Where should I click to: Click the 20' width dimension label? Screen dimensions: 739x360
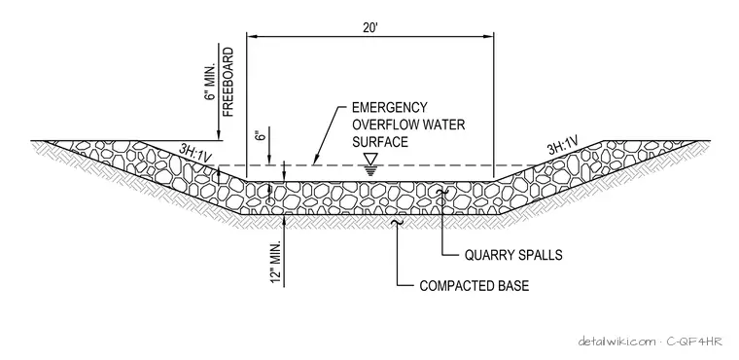[x=370, y=27]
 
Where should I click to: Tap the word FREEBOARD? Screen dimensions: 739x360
[x=228, y=82]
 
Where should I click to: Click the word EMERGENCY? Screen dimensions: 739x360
[x=390, y=108]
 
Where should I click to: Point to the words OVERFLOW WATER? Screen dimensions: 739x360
[x=408, y=125]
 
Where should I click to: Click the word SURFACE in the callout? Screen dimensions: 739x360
[x=380, y=141]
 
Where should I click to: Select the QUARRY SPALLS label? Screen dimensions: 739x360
[x=513, y=255]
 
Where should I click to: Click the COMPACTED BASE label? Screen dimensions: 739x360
[x=475, y=286]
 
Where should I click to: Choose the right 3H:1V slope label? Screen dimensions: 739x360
[x=563, y=145]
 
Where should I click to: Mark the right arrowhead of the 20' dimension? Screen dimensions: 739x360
[x=489, y=36]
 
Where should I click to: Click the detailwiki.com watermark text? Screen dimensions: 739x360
[x=616, y=342]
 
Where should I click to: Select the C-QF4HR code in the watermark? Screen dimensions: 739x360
[x=694, y=342]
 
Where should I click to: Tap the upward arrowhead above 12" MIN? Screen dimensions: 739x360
[x=284, y=218]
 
